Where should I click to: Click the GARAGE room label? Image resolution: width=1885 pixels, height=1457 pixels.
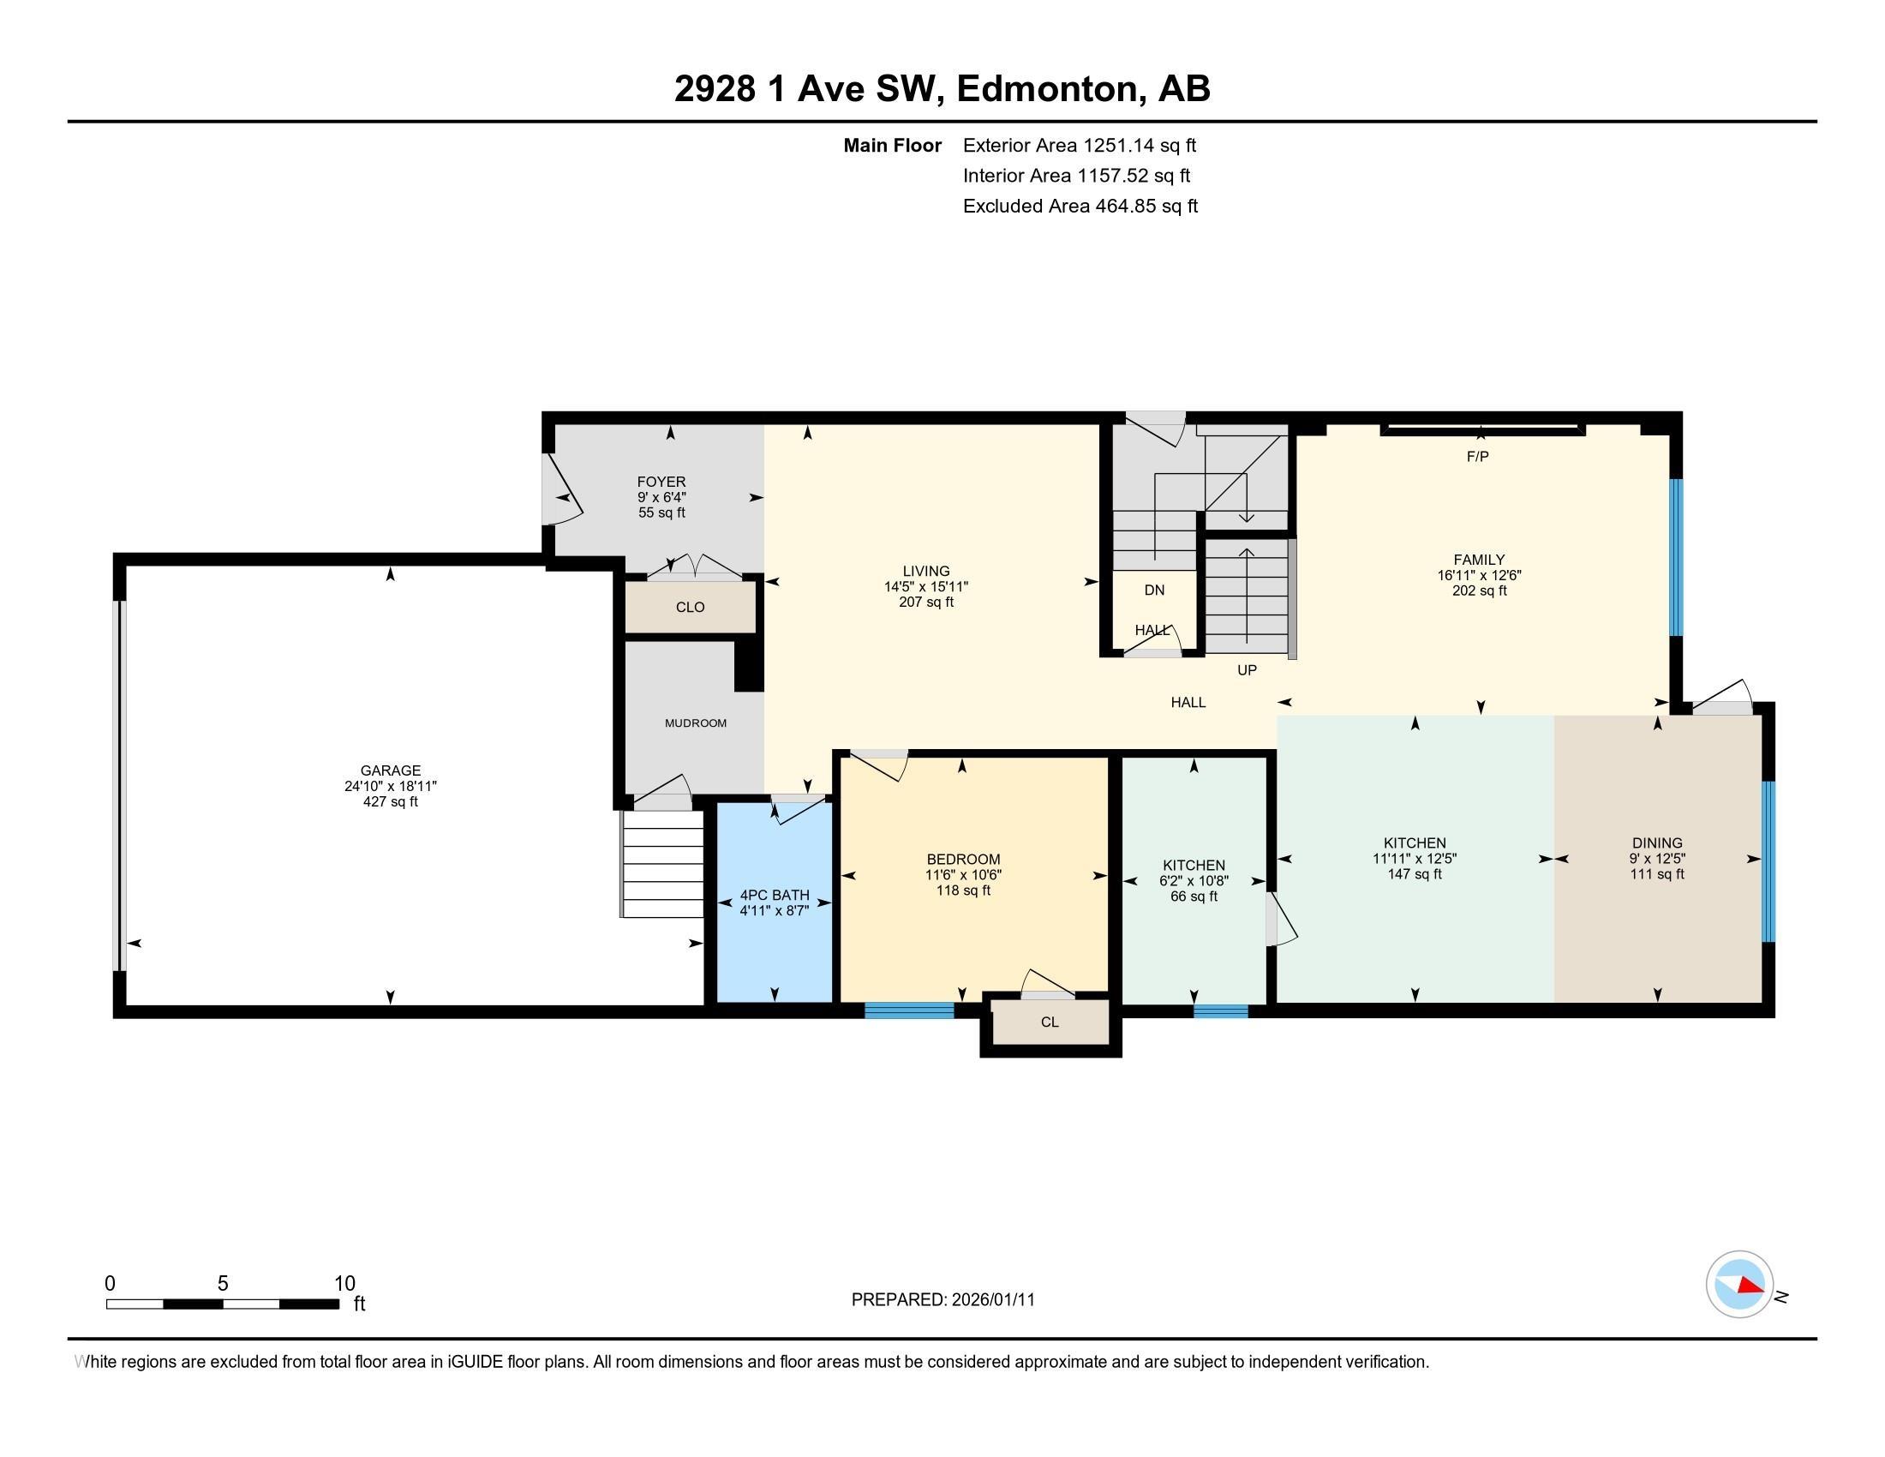click(390, 770)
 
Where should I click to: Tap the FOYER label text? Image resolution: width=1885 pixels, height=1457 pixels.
click(661, 482)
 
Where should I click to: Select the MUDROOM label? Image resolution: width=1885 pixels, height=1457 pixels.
click(695, 723)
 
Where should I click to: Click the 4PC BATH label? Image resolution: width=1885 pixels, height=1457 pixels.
click(775, 895)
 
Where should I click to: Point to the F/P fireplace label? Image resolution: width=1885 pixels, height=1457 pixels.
click(1478, 457)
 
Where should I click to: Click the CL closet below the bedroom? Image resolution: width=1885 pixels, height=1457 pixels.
click(1050, 1022)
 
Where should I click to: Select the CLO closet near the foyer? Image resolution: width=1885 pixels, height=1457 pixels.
click(690, 608)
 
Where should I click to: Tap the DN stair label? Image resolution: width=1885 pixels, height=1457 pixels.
click(1154, 591)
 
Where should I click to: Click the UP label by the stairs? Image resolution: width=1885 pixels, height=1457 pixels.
click(1247, 670)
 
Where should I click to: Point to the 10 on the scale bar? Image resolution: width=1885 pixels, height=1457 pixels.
click(344, 1284)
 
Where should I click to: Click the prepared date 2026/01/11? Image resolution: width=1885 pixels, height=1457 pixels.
click(991, 1300)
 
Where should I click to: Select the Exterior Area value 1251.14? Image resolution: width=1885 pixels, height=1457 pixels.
click(1118, 146)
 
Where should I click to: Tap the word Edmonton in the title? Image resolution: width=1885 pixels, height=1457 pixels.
click(1046, 89)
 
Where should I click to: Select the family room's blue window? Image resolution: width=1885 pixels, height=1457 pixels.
click(1675, 557)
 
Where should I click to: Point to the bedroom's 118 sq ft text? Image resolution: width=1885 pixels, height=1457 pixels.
click(962, 890)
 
